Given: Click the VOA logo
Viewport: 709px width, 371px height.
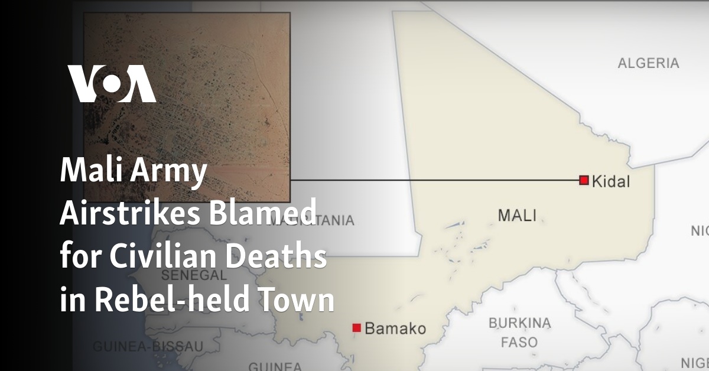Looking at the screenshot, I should [112, 84].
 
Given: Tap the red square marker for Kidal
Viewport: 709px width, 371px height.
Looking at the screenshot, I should [584, 180].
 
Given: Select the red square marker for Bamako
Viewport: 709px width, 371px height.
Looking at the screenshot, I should [356, 327].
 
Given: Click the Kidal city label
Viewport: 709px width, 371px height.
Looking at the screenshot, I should [611, 181].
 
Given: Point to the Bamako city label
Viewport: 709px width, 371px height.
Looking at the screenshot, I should [395, 328].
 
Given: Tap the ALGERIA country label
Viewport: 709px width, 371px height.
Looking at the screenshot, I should [648, 63].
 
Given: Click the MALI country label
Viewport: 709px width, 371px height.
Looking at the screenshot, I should [516, 215].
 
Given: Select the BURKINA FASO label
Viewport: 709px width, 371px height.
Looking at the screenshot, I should [519, 333].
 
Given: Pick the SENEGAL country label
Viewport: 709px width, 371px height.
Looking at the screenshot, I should [194, 275].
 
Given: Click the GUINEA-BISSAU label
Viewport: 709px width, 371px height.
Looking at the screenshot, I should [148, 346].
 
